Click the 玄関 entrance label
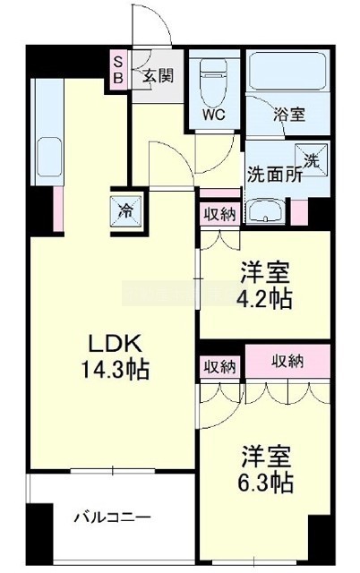(158, 76)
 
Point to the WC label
(214, 115)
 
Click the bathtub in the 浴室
(287, 71)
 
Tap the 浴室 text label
(289, 115)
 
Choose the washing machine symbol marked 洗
(312, 159)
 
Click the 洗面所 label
(275, 175)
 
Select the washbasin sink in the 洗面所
(264, 211)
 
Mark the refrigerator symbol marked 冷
(126, 211)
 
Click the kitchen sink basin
(49, 157)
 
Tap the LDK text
(114, 344)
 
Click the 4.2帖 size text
(264, 298)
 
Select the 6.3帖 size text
(265, 482)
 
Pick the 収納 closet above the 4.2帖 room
(219, 214)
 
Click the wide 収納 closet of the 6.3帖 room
(287, 361)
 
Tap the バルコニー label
(113, 517)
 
